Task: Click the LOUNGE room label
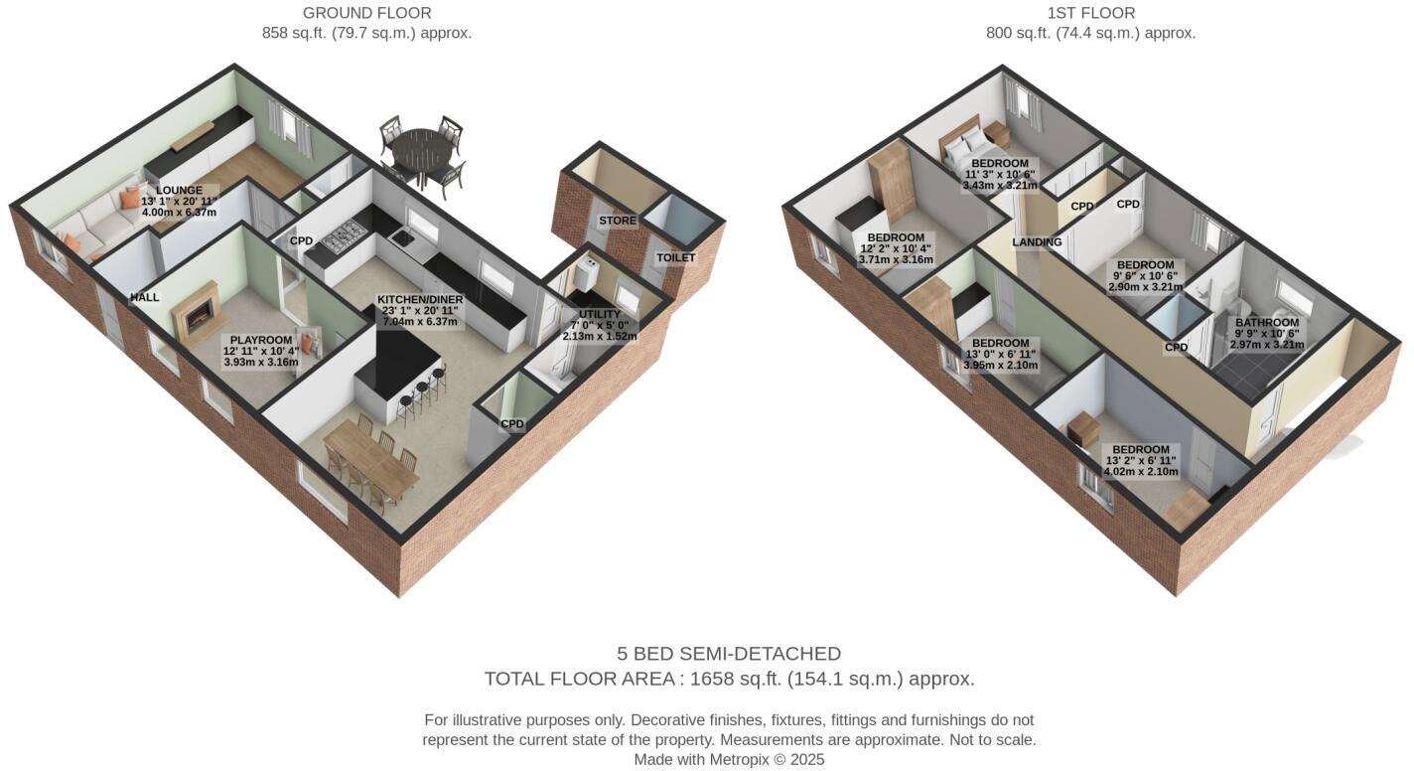pyautogui.click(x=179, y=191)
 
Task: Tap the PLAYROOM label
pyautogui.click(x=261, y=340)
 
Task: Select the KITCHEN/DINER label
pyautogui.click(x=420, y=299)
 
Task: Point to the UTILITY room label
pyautogui.click(x=599, y=314)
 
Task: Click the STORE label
pyautogui.click(x=617, y=221)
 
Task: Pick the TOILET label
pyautogui.click(x=675, y=257)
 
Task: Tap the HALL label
pyautogui.click(x=145, y=297)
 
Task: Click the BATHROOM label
pyautogui.click(x=1267, y=323)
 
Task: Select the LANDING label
pyautogui.click(x=1037, y=242)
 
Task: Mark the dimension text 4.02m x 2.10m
pyautogui.click(x=1141, y=472)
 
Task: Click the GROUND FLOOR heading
pyautogui.click(x=366, y=13)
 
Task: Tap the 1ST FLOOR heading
pyautogui.click(x=1090, y=13)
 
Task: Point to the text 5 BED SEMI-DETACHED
pyautogui.click(x=729, y=654)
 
